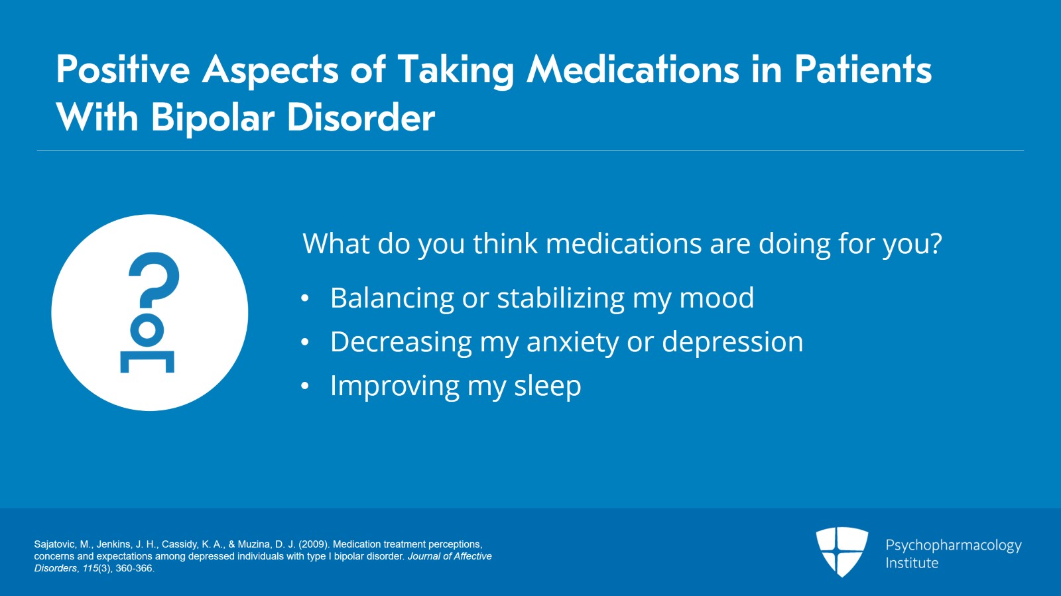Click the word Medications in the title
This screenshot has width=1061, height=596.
(x=633, y=70)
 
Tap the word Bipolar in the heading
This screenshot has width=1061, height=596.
(x=213, y=119)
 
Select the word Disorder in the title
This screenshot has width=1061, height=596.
(x=361, y=117)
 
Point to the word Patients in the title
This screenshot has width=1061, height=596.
(x=863, y=69)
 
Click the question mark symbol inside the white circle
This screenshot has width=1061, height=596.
(x=154, y=280)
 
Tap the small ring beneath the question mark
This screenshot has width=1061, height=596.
(x=147, y=329)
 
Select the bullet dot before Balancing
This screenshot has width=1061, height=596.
(x=304, y=298)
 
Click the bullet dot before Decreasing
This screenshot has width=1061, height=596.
(x=304, y=342)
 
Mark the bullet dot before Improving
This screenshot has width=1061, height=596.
(x=304, y=386)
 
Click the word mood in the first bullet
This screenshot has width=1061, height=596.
(x=717, y=298)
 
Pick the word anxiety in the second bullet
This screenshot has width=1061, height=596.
(x=573, y=343)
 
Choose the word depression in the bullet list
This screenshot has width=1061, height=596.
(x=732, y=343)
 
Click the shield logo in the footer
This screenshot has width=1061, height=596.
(x=842, y=552)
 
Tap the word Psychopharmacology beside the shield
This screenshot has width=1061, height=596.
(x=953, y=546)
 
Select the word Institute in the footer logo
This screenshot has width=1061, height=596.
(x=912, y=563)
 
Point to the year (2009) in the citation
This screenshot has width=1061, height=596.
(x=314, y=544)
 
